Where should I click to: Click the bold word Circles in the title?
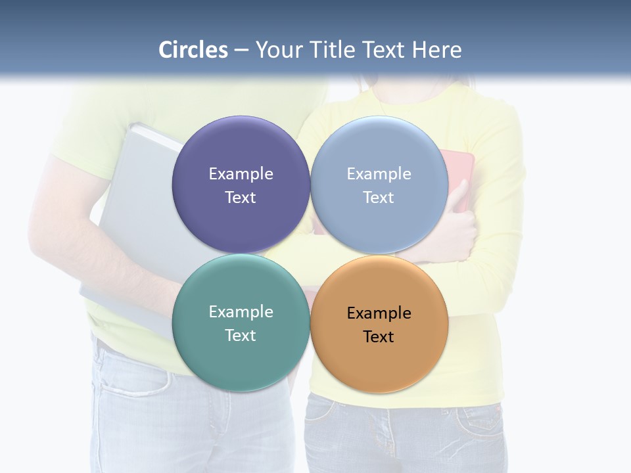193,50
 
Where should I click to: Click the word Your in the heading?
280,50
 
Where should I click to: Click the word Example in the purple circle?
241,174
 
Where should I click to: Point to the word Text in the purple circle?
241,198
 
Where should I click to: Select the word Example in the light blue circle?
379,174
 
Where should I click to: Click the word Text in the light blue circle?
379,198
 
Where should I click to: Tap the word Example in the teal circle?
241,312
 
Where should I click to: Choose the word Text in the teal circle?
241,336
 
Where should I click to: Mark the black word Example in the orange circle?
379,313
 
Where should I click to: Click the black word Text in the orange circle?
379,337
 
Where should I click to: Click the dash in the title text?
241,51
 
